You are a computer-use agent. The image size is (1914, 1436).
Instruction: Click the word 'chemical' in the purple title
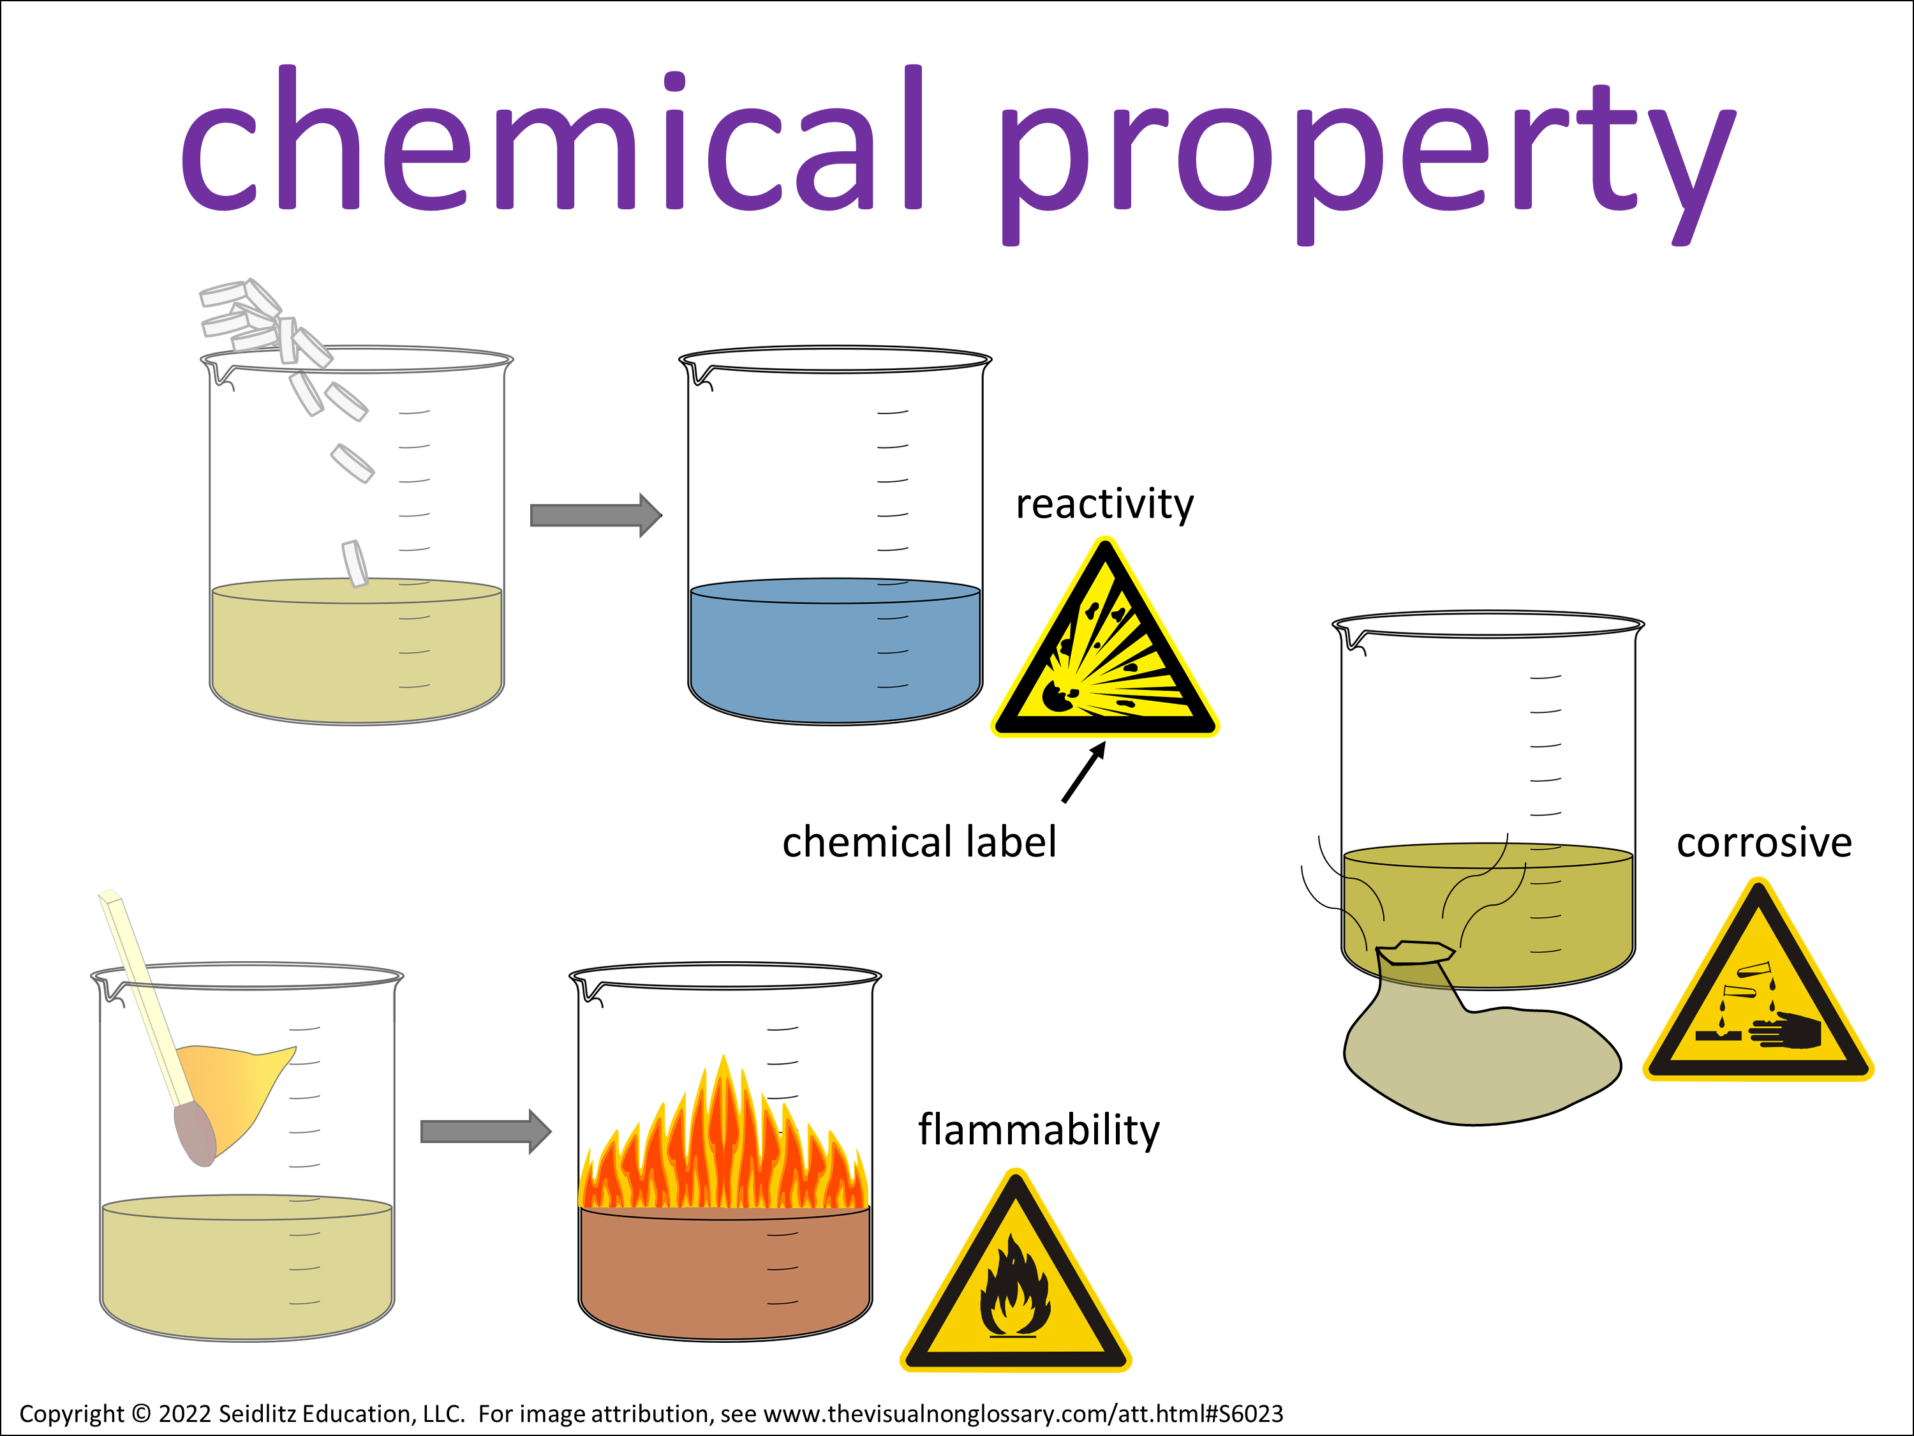[552, 138]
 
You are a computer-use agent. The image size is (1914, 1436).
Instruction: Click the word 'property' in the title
[1367, 165]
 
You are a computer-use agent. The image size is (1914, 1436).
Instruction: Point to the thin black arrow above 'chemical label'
[1084, 772]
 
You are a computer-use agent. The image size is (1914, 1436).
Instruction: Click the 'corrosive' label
[1763, 842]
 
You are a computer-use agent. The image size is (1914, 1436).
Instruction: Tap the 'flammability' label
[1038, 1130]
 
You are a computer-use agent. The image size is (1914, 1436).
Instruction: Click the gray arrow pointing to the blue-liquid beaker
[596, 516]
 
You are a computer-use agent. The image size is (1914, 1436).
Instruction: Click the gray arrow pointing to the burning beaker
[486, 1132]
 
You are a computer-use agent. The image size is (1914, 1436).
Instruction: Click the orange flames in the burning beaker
[723, 1142]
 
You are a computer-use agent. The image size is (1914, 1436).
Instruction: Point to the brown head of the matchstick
[195, 1134]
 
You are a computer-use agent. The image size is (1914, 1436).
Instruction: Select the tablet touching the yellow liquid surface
[355, 564]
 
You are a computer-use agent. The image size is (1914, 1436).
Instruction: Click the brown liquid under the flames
[725, 1273]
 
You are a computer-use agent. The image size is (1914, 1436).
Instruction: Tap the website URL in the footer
[1023, 1414]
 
